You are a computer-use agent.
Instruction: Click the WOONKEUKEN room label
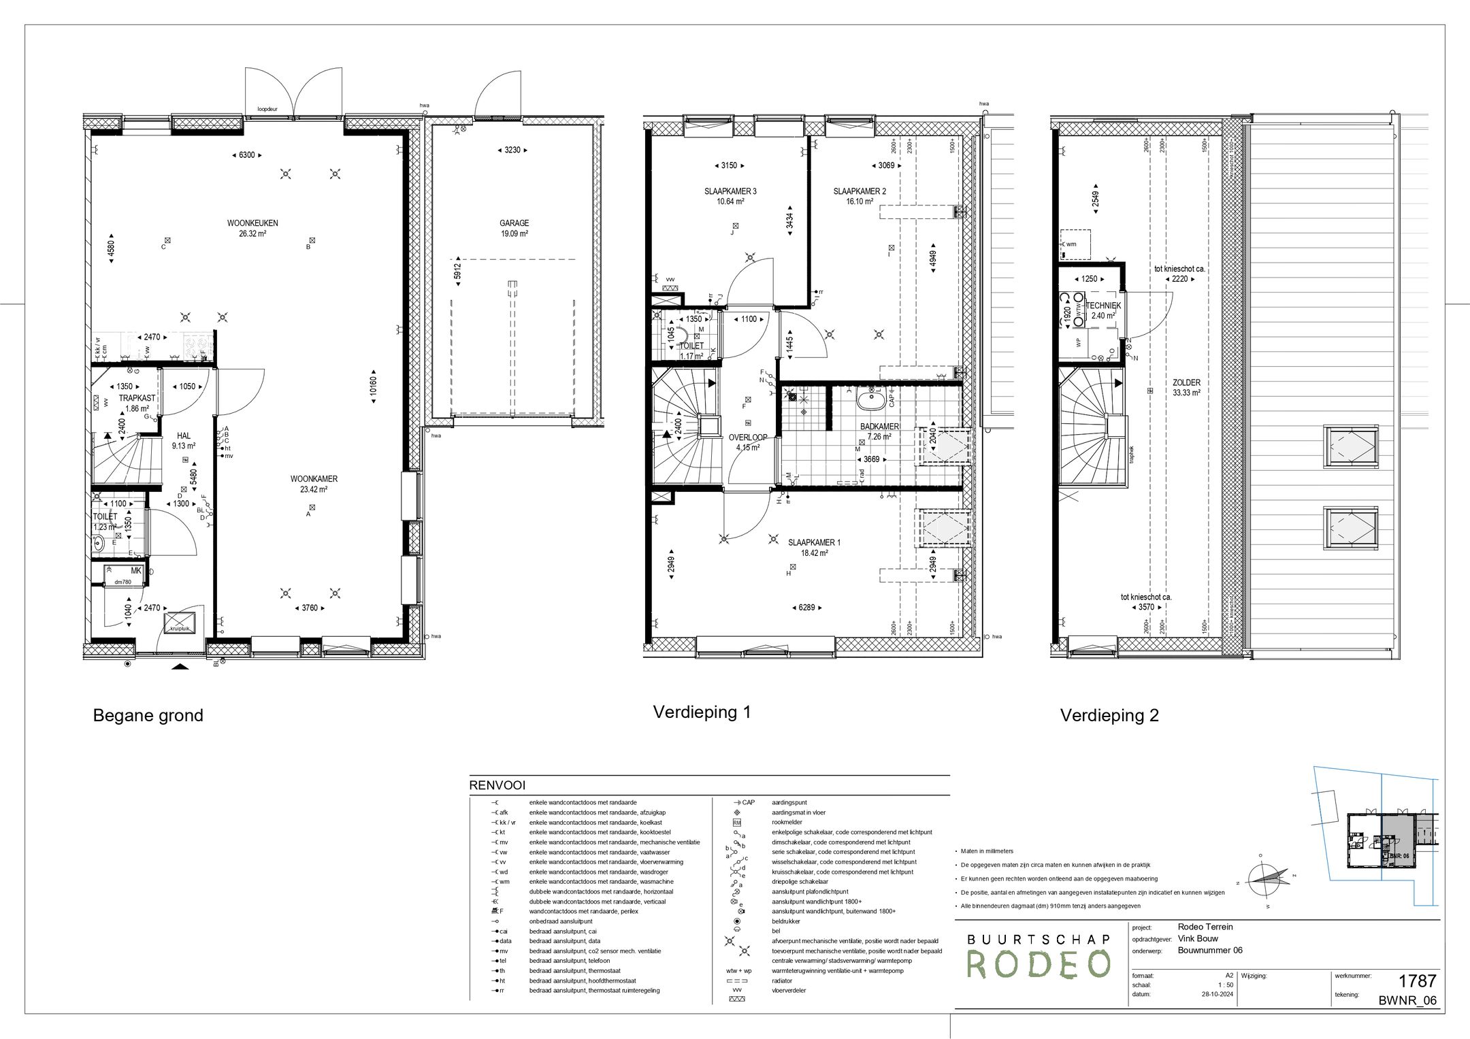tap(252, 223)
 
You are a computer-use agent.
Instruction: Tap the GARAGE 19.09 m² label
tap(514, 228)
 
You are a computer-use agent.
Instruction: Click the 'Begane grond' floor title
tap(148, 715)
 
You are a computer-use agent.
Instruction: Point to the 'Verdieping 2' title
tap(1109, 715)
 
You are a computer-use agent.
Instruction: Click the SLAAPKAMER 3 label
tap(730, 192)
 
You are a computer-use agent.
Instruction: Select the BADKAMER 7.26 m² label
tap(879, 431)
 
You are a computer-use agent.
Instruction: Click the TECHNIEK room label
tap(1103, 306)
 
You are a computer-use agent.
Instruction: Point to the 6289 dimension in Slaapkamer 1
tap(807, 608)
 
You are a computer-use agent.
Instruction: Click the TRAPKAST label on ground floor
tap(137, 398)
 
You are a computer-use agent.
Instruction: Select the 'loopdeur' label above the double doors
tap(267, 109)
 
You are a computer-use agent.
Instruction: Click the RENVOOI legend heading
tap(497, 786)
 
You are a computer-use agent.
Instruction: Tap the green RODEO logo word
tap(1039, 964)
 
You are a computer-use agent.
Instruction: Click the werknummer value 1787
tap(1417, 981)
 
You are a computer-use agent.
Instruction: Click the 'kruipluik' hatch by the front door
tap(181, 622)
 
